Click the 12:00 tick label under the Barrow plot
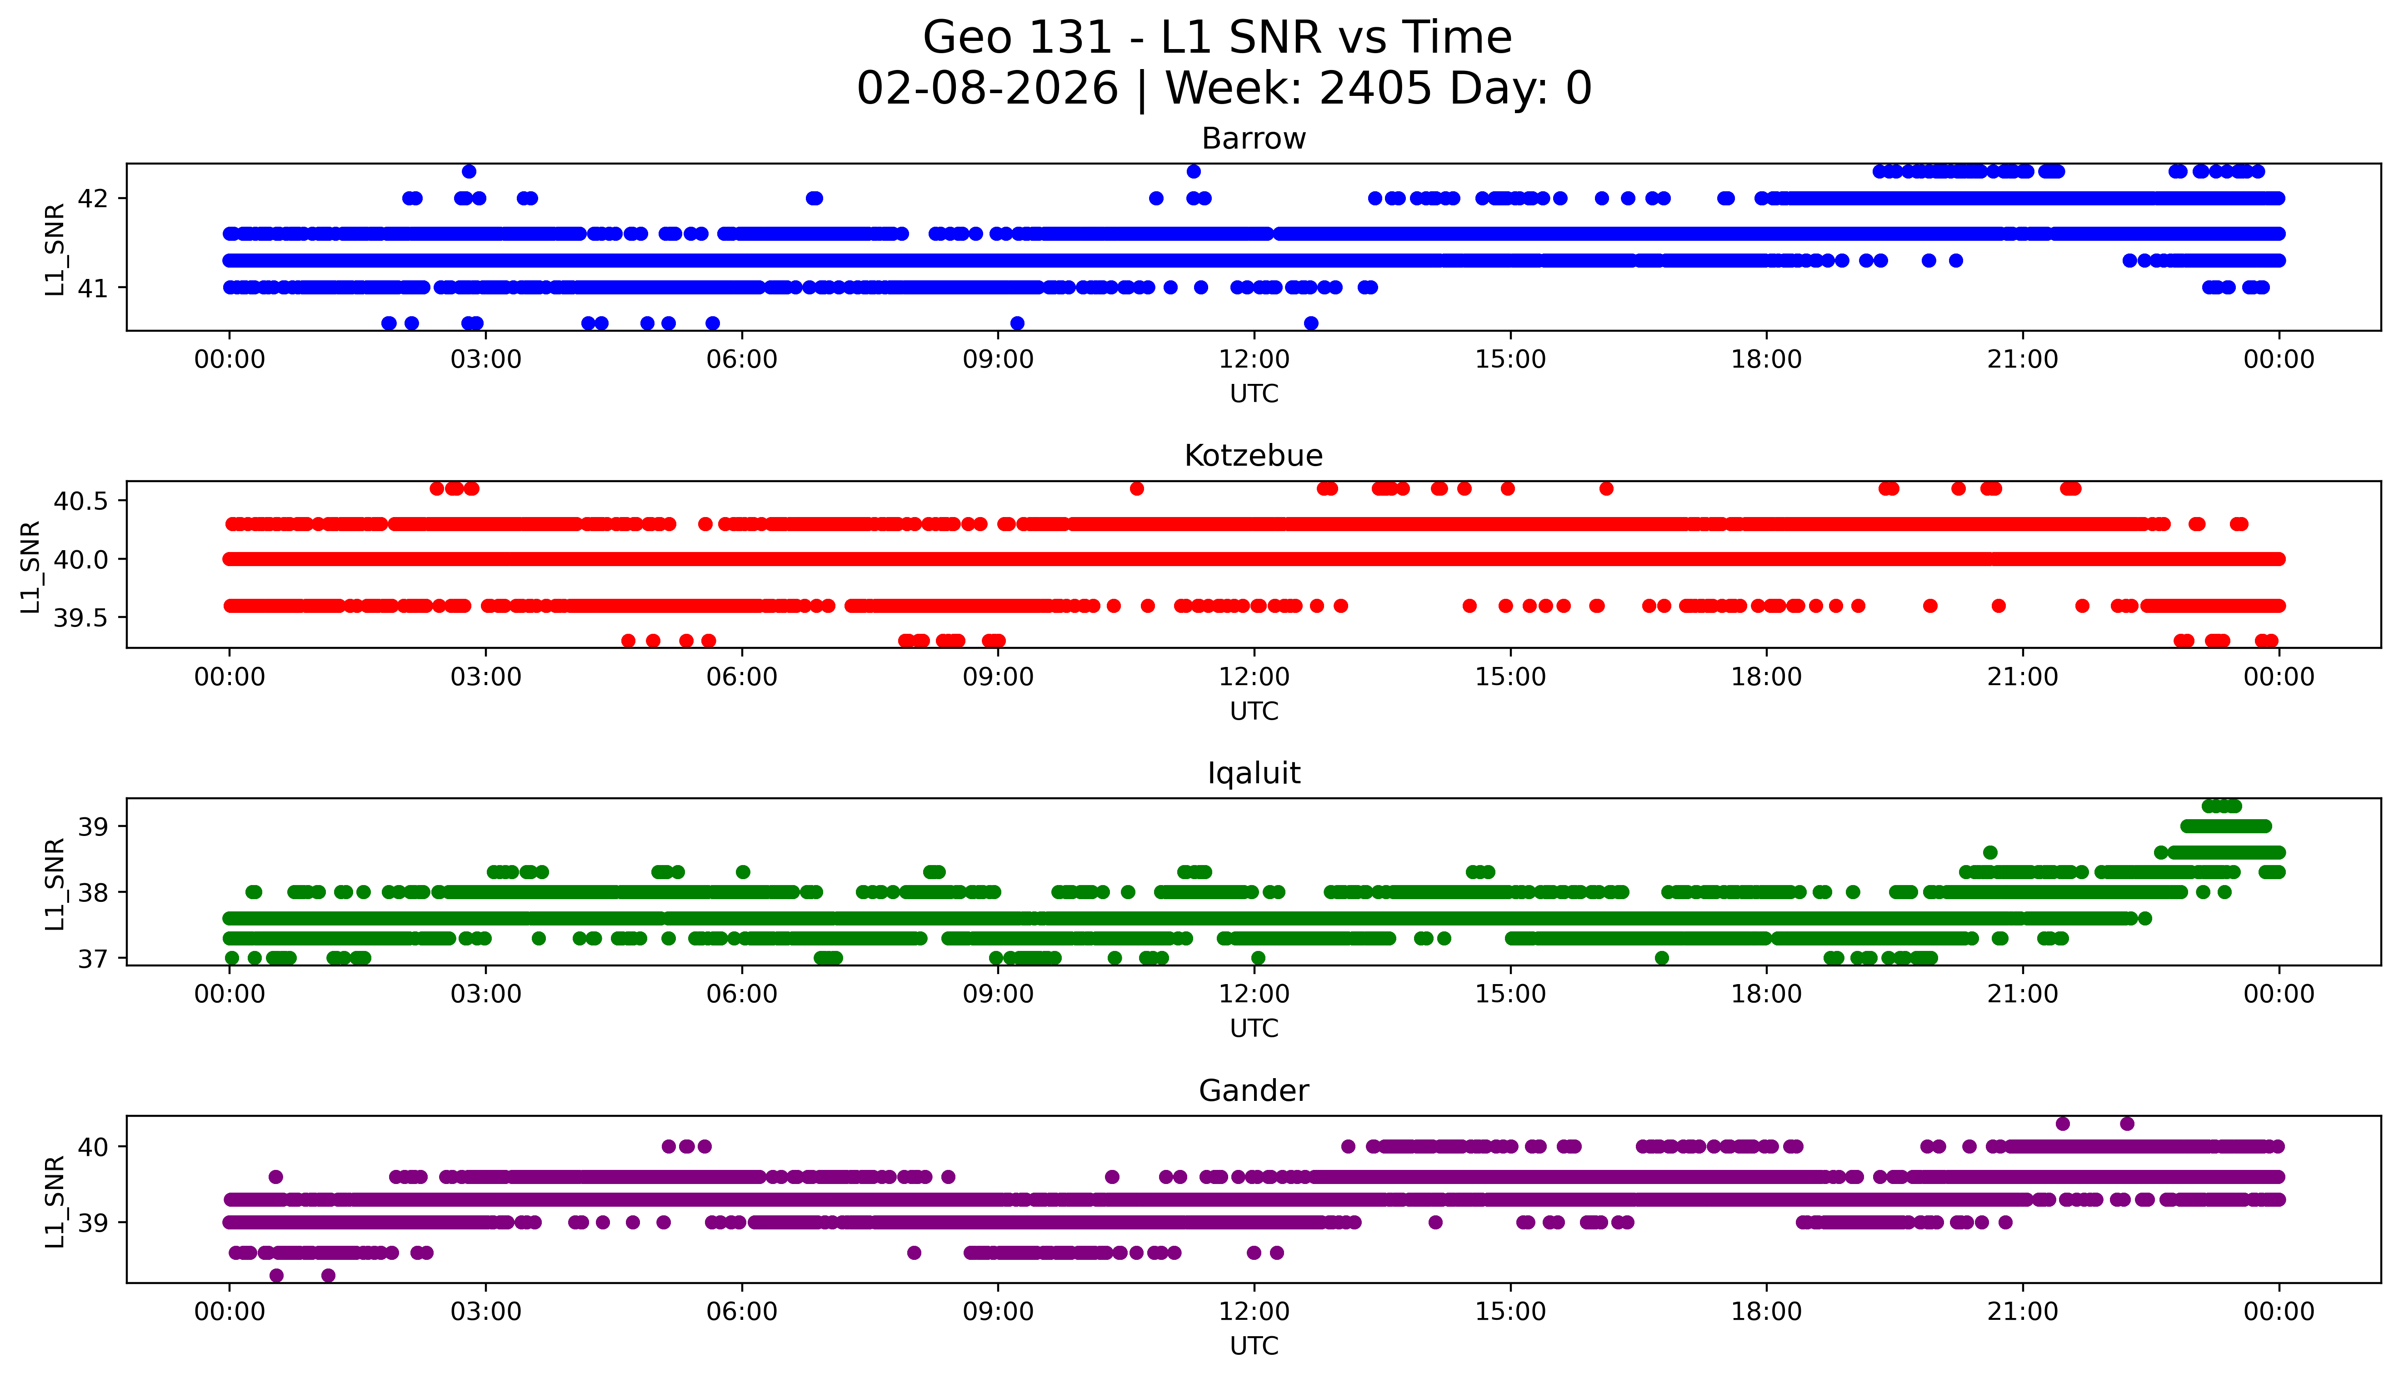tap(1254, 360)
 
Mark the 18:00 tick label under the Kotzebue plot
tap(1766, 678)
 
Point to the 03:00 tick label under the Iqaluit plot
tap(486, 995)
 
